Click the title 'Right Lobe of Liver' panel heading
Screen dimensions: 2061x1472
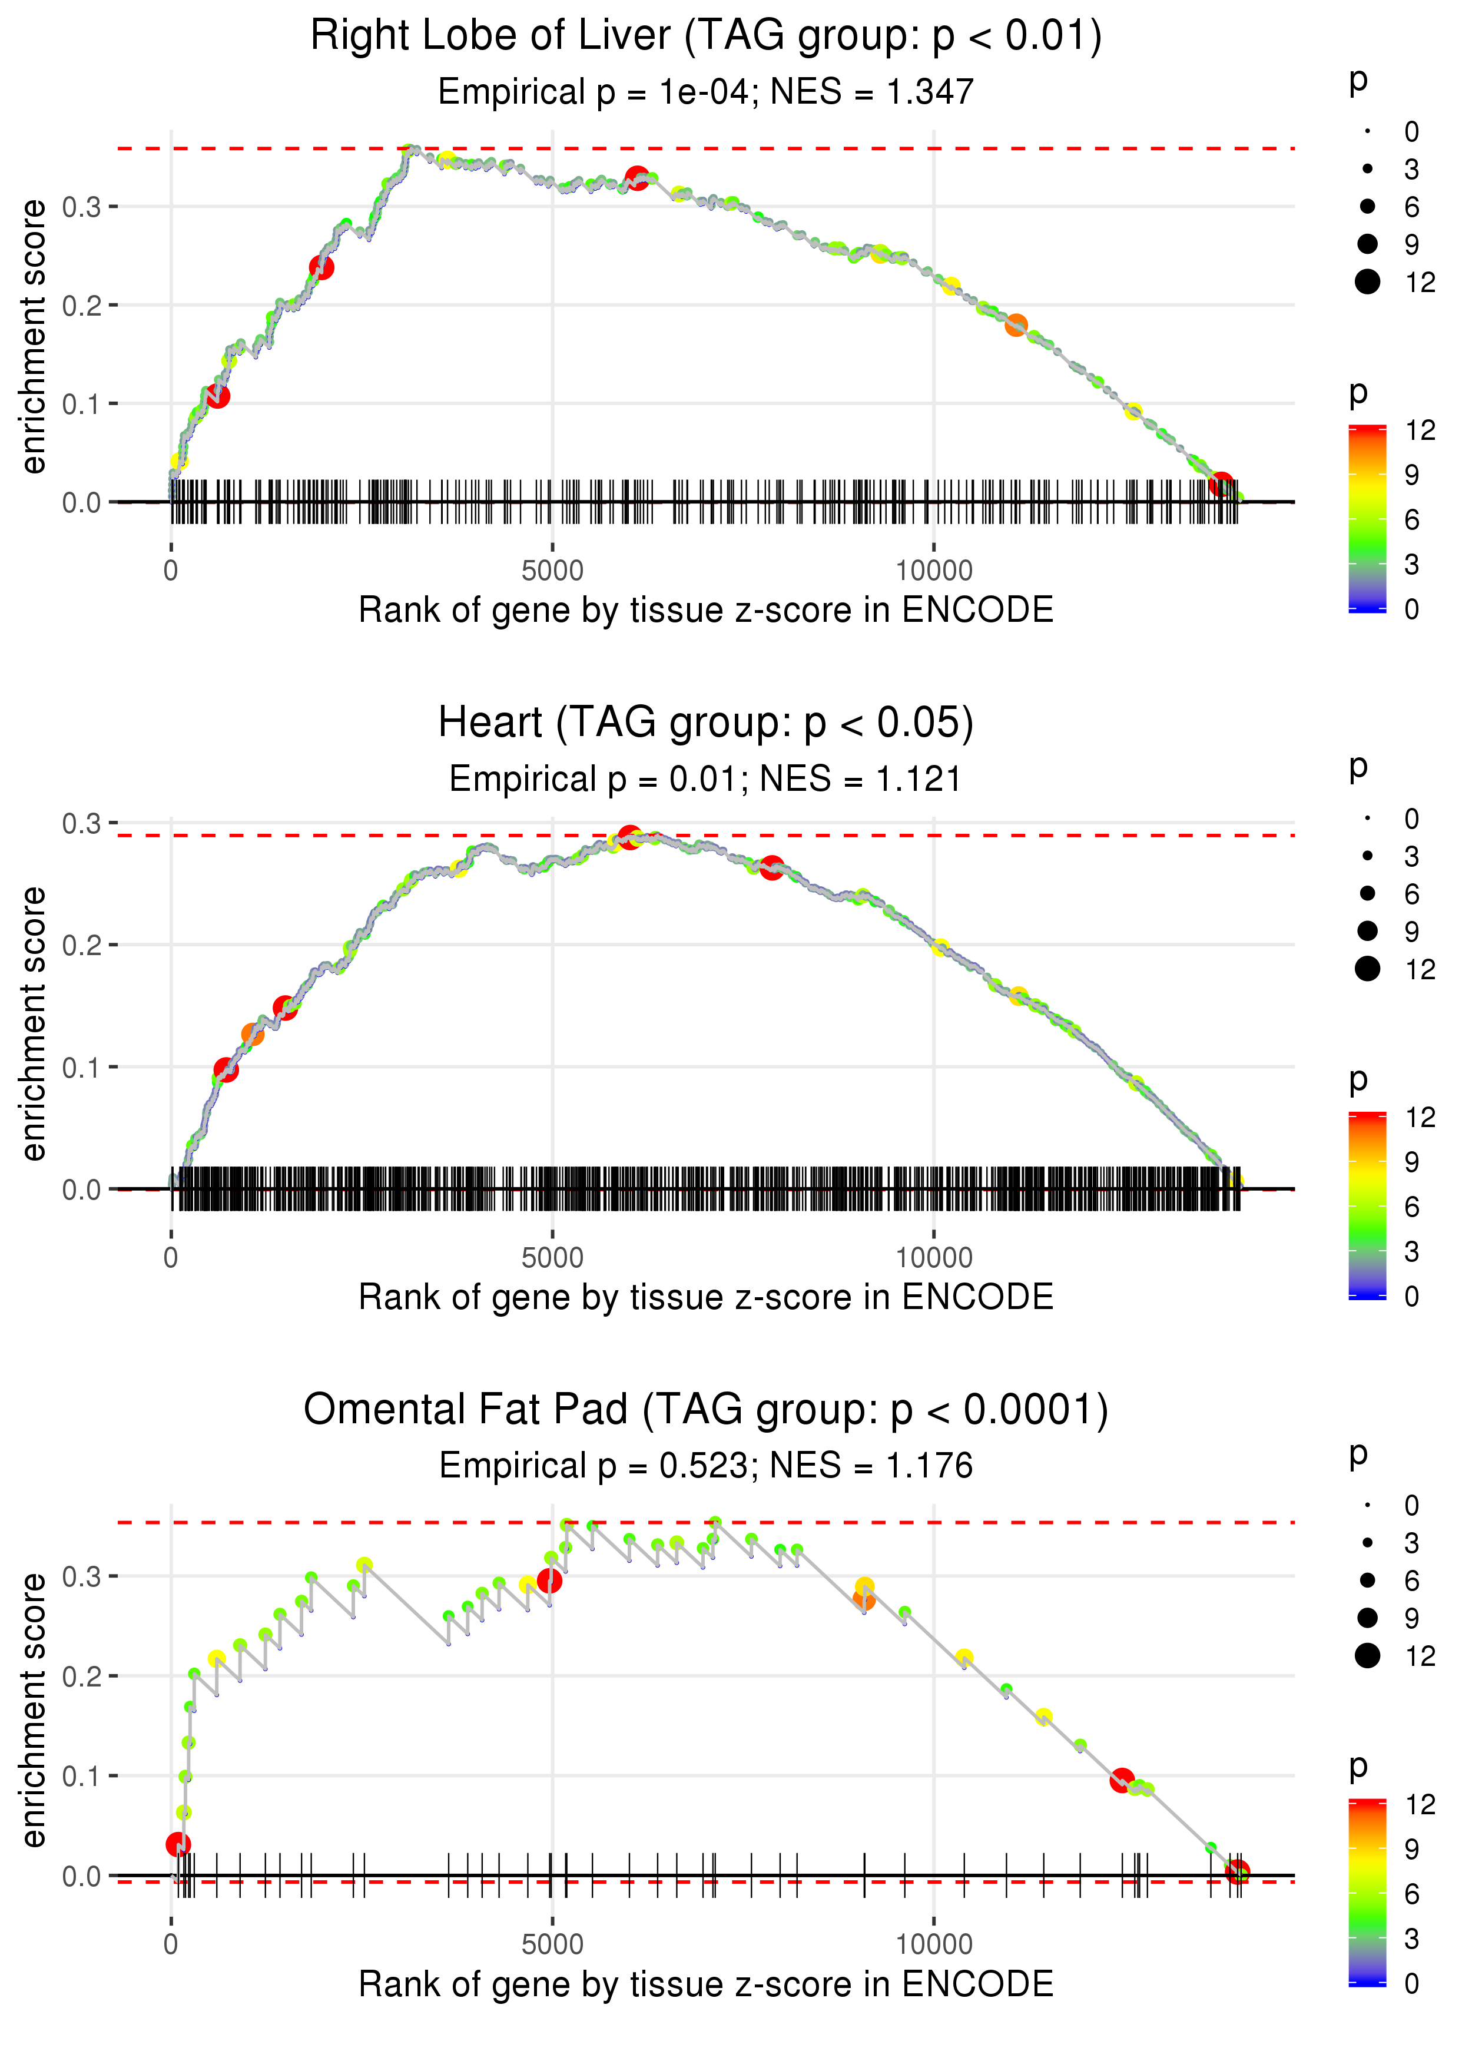pos(705,37)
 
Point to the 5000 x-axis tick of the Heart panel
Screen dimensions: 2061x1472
pos(552,1258)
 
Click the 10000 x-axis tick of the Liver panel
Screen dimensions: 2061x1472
pos(934,571)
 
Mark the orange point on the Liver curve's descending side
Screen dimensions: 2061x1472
pos(1016,326)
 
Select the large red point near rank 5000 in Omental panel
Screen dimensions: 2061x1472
pos(549,1580)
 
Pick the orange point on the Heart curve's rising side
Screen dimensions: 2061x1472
pos(253,1034)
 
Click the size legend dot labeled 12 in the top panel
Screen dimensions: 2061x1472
pos(1367,283)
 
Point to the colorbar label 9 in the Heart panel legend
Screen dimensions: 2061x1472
pos(1411,1162)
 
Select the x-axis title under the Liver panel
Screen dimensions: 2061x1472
pos(705,610)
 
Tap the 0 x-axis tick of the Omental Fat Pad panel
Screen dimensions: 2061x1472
pos(171,1944)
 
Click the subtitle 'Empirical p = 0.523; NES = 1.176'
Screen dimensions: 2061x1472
pos(705,1466)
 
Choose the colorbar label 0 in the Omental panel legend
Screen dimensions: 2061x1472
pos(1411,1983)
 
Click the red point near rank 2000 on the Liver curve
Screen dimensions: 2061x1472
pos(321,267)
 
